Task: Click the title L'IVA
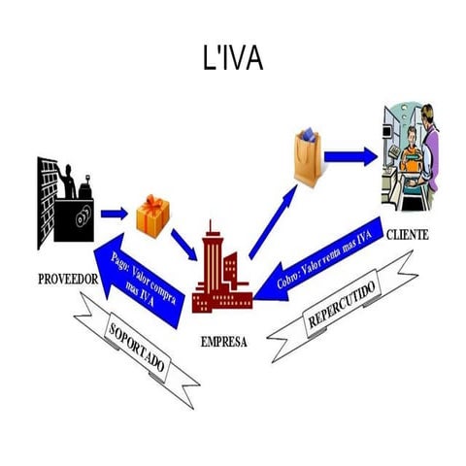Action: (232, 59)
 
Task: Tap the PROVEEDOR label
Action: (69, 279)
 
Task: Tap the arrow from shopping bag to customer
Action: (350, 156)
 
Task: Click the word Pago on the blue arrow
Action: (121, 260)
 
